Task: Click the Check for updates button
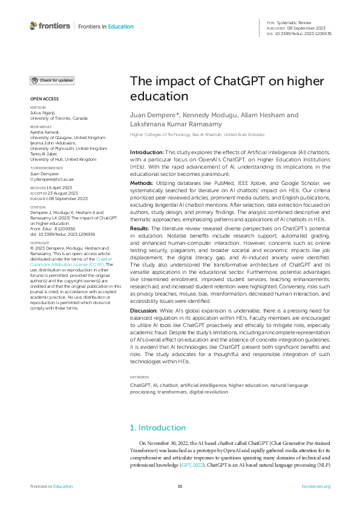(53, 80)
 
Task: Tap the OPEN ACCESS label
(44, 99)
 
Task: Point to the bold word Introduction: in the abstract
(147, 152)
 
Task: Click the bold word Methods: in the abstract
(143, 181)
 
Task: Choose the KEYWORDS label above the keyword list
(139, 376)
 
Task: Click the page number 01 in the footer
(180, 487)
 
